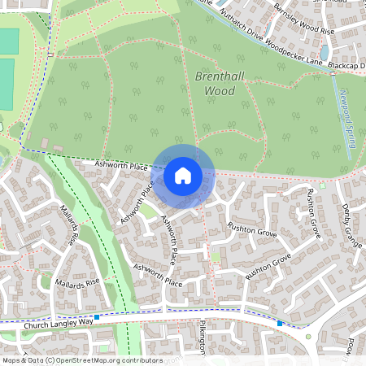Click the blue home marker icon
coord(183,175)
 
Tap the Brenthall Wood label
coord(216,83)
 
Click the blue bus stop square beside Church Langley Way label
coord(97,317)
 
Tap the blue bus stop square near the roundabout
coord(280,323)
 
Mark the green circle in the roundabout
coord(307,336)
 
